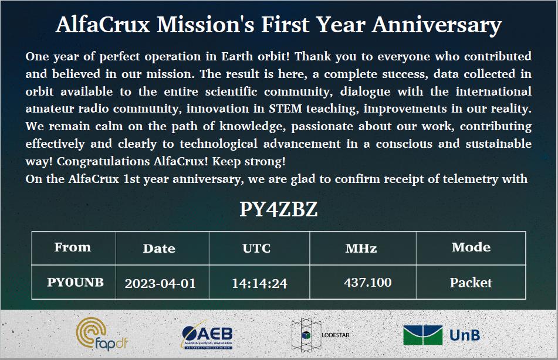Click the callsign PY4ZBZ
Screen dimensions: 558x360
pyautogui.click(x=278, y=209)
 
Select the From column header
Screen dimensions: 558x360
pyautogui.click(x=73, y=247)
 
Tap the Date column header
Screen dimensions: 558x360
pyautogui.click(x=159, y=248)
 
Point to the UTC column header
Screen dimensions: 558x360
pyautogui.click(x=256, y=248)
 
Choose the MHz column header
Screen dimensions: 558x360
pyautogui.click(x=361, y=248)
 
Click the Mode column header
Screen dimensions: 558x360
pyautogui.click(x=471, y=247)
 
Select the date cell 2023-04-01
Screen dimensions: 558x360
pyautogui.click(x=160, y=284)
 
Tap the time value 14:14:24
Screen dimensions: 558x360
pyautogui.click(x=259, y=284)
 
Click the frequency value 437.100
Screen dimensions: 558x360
pyautogui.click(x=368, y=283)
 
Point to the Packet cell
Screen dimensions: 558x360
pyautogui.click(x=471, y=283)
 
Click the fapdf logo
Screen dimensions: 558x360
pyautogui.click(x=102, y=334)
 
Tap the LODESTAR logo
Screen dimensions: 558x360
pyautogui.click(x=320, y=335)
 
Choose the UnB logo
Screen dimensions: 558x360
pyautogui.click(x=442, y=335)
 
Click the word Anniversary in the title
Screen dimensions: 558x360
pyautogui.click(x=437, y=25)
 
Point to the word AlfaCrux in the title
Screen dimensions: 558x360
pyautogui.click(x=103, y=25)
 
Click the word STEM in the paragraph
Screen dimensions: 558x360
pyautogui.click(x=285, y=108)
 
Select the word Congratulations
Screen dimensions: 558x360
pyautogui.click(x=103, y=161)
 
